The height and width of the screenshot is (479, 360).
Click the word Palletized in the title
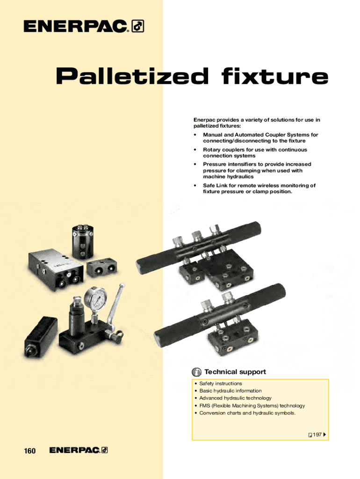coord(132,76)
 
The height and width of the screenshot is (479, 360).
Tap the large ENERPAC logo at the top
coord(84,26)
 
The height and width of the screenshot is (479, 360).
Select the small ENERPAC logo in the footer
coord(79,450)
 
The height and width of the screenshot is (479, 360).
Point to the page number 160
coord(29,451)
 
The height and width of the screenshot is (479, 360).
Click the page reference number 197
coord(317,435)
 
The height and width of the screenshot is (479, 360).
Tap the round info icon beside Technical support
coord(196,372)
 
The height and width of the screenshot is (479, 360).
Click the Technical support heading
coord(235,372)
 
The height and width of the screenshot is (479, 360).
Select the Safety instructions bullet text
coord(221,384)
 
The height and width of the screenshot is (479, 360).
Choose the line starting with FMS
coord(252,406)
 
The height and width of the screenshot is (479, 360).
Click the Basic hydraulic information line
coord(230,391)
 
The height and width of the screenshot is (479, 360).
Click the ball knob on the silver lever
coord(122,287)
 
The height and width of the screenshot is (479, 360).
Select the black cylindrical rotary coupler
coord(83,242)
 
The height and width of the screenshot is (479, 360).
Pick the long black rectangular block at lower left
coord(41,337)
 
